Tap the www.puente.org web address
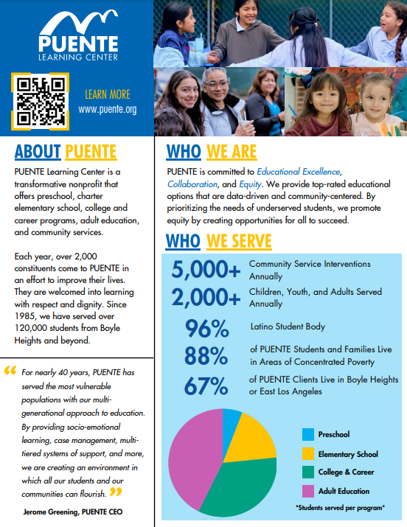coord(108,109)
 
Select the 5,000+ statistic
coord(206,271)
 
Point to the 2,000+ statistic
coord(206,298)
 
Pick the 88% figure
coord(206,357)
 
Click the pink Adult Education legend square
coord(307,490)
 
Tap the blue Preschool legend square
coord(307,435)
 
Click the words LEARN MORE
coord(108,94)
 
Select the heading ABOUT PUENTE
coord(66,152)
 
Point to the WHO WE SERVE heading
coord(218,241)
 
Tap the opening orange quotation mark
coord(10,371)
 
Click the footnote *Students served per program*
coord(340,508)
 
